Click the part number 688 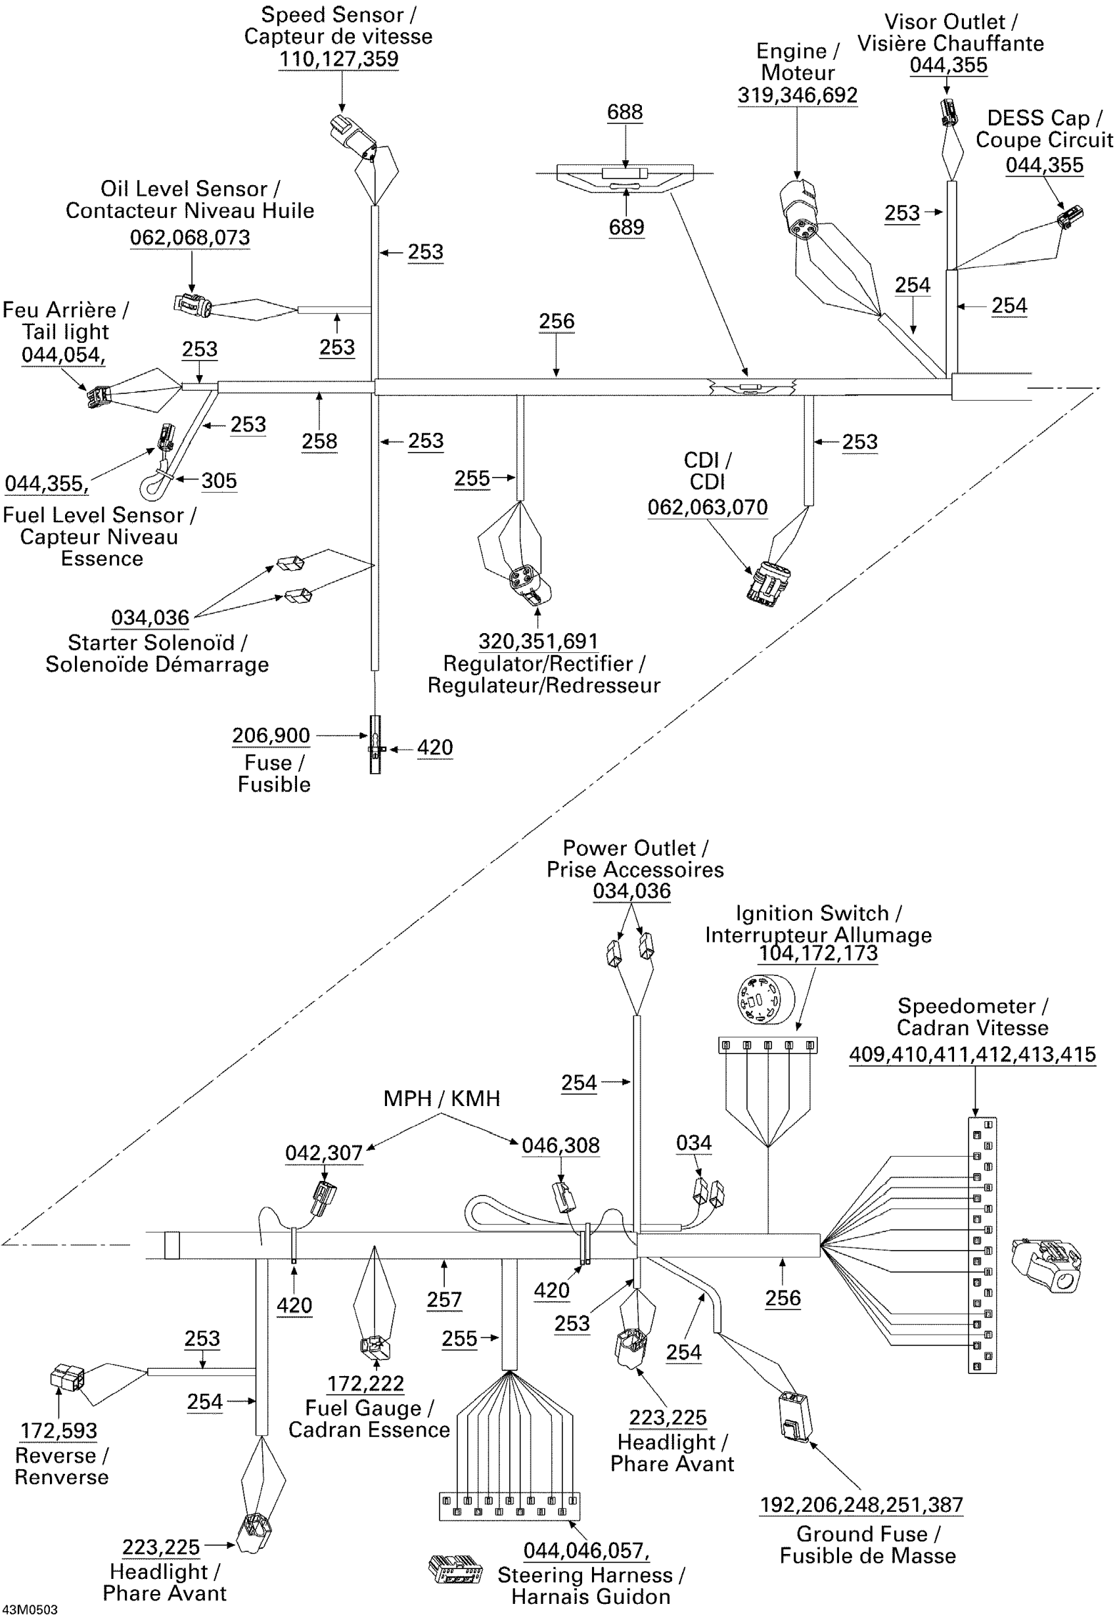tap(625, 113)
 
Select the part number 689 tap(626, 227)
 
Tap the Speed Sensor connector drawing tap(353, 135)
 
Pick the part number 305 tap(219, 481)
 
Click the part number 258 tap(319, 441)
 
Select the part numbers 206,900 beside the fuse tap(271, 736)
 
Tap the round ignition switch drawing tap(765, 1000)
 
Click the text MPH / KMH tap(442, 1098)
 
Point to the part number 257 tap(444, 1300)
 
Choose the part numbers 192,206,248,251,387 tap(861, 1505)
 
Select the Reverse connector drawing tap(68, 1377)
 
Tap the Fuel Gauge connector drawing tap(375, 1346)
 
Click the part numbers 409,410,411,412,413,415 tap(972, 1055)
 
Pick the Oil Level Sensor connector tap(193, 305)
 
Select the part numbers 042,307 tap(324, 1153)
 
